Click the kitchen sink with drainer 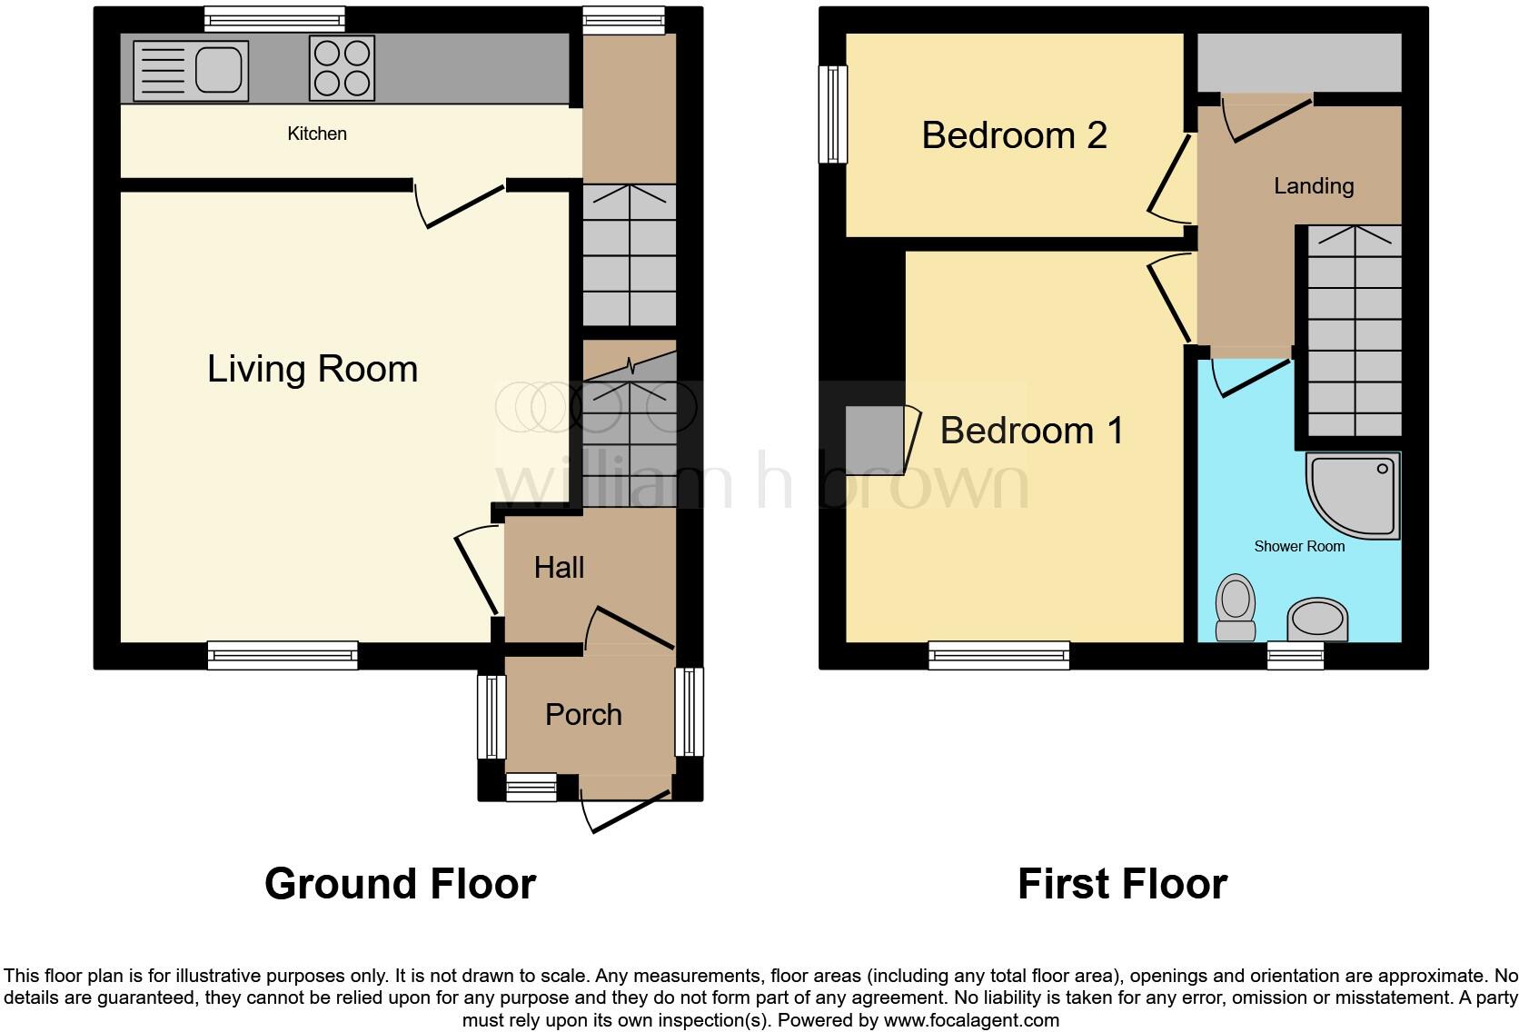(x=190, y=69)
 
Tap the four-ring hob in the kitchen (x=343, y=68)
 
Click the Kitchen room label (x=317, y=134)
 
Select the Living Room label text (x=313, y=369)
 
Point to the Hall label (x=559, y=568)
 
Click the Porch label (x=583, y=715)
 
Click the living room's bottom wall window (x=283, y=655)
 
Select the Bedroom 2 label (x=1014, y=135)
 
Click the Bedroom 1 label (x=1031, y=431)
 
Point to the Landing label (x=1314, y=186)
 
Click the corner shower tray (x=1355, y=495)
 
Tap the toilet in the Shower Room (x=1236, y=606)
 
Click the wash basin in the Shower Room (x=1317, y=620)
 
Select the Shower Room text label (x=1299, y=546)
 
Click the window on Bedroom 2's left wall (x=832, y=114)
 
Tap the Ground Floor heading (x=400, y=884)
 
